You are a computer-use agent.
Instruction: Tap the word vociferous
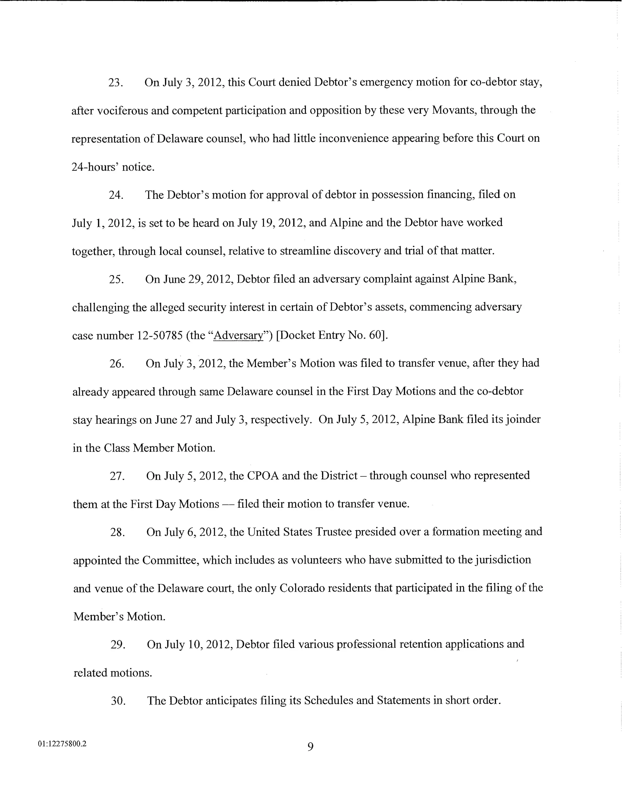(x=122, y=111)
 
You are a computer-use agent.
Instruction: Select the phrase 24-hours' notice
(x=112, y=167)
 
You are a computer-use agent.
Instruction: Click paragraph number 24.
(x=116, y=195)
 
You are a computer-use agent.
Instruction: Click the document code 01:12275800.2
(x=62, y=744)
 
